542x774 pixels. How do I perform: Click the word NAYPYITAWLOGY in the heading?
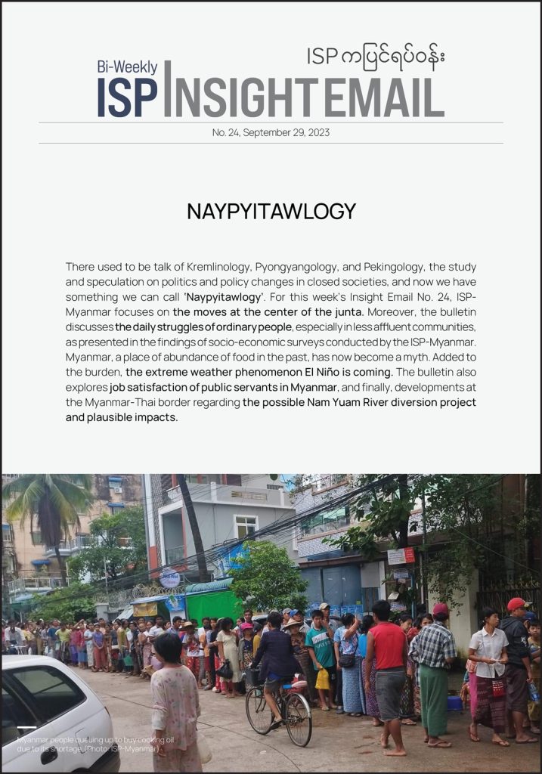pyautogui.click(x=271, y=211)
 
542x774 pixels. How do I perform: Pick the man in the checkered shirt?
pyautogui.click(x=433, y=665)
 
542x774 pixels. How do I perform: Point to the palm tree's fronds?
pyautogui.click(x=45, y=499)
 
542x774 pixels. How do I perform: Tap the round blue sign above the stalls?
pyautogui.click(x=169, y=579)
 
